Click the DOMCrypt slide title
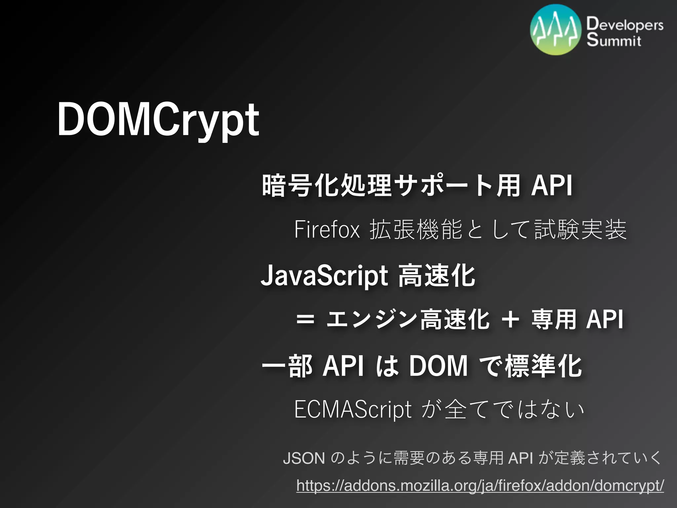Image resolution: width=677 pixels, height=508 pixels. coord(158,120)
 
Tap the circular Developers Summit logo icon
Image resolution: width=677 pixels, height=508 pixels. coord(555,30)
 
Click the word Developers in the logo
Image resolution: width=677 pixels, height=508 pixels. coord(625,25)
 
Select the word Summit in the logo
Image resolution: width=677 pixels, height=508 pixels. coord(614,40)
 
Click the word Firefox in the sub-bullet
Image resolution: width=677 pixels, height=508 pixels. coord(327,230)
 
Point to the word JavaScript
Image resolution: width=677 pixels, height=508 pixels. coord(324,276)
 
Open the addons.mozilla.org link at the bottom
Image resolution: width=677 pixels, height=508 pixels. coord(480,486)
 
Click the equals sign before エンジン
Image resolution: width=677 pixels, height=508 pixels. coord(305,320)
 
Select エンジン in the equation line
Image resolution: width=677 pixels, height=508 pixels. coord(372,320)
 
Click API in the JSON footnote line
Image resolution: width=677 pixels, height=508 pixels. coord(521,458)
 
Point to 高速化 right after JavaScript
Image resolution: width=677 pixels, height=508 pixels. coord(437,276)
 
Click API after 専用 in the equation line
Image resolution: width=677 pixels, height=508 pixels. coord(604,320)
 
